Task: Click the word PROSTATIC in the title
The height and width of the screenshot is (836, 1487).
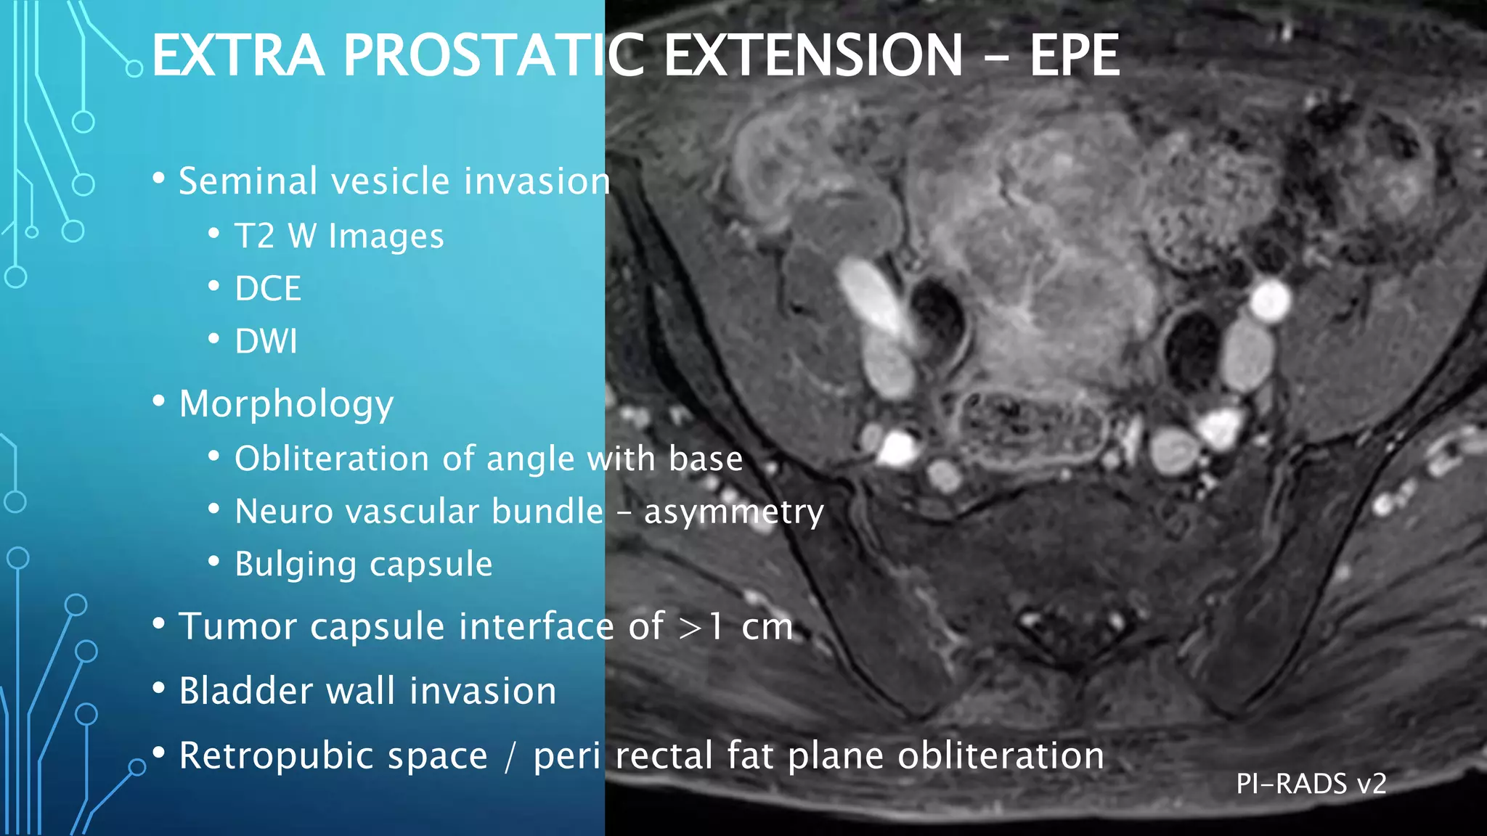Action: click(x=493, y=56)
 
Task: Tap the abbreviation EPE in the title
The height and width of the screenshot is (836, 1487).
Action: click(x=1074, y=56)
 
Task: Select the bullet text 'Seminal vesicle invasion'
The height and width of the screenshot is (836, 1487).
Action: click(x=394, y=181)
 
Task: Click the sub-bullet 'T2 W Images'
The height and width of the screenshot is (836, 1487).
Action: click(x=339, y=237)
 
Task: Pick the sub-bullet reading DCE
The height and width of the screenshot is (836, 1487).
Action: click(x=267, y=289)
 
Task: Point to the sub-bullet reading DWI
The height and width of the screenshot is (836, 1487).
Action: click(x=266, y=341)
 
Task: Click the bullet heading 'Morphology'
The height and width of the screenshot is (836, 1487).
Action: click(x=286, y=404)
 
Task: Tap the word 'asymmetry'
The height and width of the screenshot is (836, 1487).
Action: click(x=733, y=512)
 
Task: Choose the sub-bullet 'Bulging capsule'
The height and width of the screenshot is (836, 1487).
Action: click(x=363, y=564)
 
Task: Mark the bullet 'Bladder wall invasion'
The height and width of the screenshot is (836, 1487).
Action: click(x=367, y=691)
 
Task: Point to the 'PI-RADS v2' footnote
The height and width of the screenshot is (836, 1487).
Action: click(x=1311, y=784)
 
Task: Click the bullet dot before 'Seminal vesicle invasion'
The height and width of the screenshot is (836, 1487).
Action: click(x=159, y=179)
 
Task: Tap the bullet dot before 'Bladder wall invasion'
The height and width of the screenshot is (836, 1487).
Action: click(x=159, y=689)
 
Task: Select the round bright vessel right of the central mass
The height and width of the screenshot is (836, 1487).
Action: click(x=1269, y=301)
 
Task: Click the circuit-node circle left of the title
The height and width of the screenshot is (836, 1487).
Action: click(x=134, y=69)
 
